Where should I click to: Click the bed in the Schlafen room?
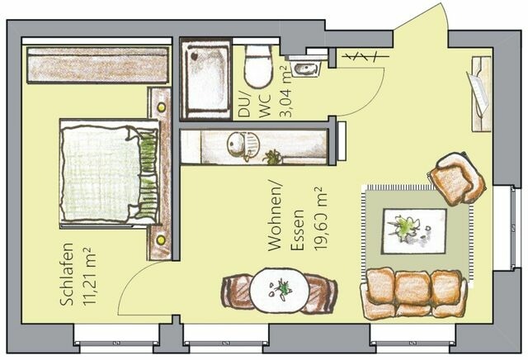108,172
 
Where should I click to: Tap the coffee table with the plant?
413,230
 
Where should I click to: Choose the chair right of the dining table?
321,291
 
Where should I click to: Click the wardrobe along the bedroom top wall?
97,64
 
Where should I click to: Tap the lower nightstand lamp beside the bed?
160,239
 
